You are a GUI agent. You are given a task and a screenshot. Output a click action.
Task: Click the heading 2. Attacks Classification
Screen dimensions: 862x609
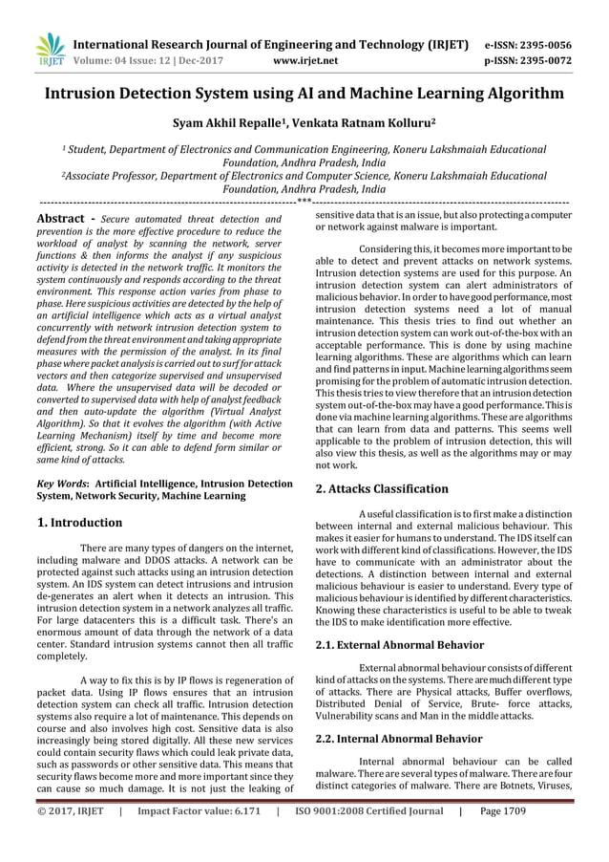[382, 489]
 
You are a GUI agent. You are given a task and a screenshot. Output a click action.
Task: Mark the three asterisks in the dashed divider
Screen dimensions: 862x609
[304, 202]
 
